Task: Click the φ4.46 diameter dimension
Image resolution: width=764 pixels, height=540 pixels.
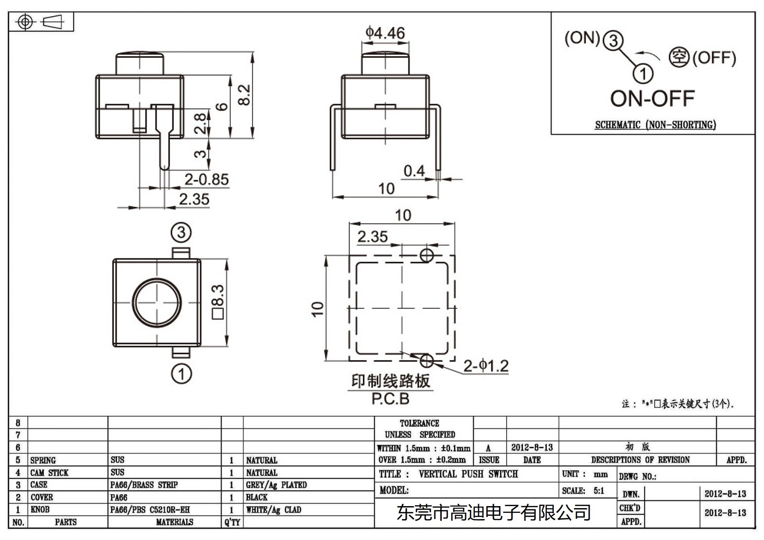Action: click(x=385, y=33)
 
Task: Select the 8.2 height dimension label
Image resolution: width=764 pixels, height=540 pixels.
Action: click(x=244, y=95)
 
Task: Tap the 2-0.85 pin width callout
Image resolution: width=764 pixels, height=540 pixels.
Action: click(x=206, y=180)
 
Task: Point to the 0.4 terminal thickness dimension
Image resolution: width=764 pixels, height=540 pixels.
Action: click(x=414, y=171)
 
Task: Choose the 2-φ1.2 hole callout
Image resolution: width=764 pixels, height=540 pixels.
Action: click(x=486, y=366)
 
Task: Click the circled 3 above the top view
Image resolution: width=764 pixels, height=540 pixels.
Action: click(x=181, y=233)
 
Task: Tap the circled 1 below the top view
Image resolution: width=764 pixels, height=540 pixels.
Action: click(x=181, y=373)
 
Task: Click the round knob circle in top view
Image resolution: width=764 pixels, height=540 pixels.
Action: click(x=157, y=302)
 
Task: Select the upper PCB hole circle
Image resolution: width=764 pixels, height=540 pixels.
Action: click(x=426, y=255)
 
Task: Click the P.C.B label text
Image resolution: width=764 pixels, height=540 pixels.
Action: click(x=390, y=399)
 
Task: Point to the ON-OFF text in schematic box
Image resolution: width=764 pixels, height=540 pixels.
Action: click(x=652, y=99)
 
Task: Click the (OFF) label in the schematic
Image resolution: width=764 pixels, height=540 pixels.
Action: click(x=713, y=58)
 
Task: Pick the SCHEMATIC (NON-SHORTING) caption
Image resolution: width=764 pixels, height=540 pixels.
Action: click(x=655, y=125)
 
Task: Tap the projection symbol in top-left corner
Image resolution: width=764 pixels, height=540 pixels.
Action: click(x=41, y=22)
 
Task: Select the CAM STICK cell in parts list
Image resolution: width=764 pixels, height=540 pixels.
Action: click(x=49, y=473)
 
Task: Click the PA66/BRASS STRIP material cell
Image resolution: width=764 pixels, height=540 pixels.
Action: click(x=144, y=485)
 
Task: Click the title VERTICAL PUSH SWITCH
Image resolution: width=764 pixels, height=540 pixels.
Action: click(x=468, y=474)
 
